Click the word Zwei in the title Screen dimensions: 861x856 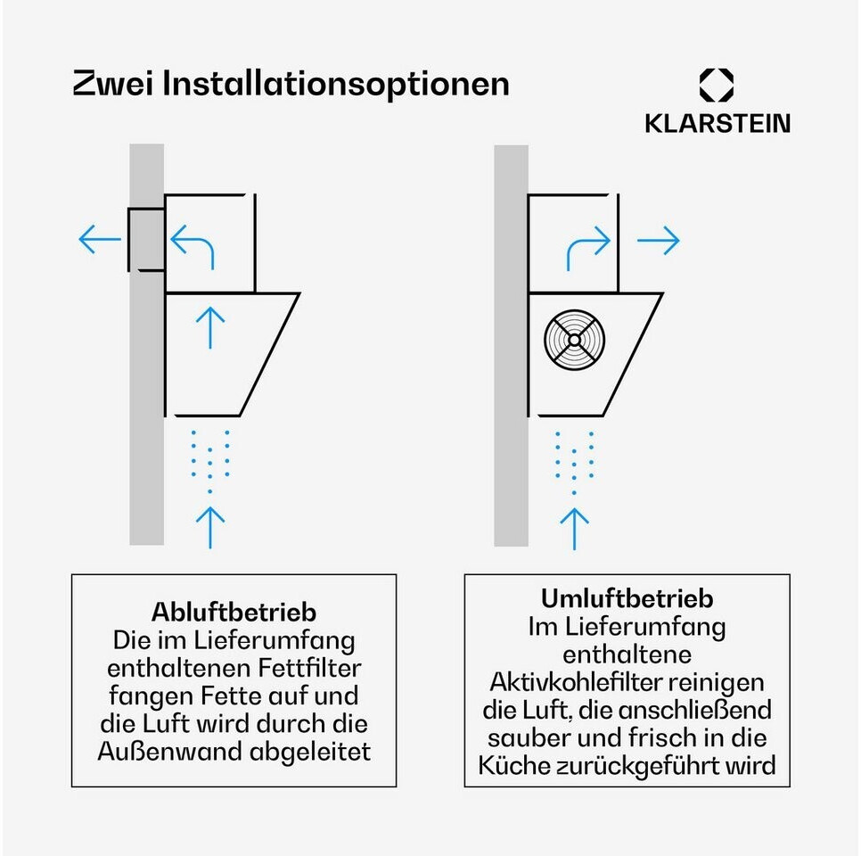[x=113, y=84]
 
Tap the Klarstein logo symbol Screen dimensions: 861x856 [x=716, y=86]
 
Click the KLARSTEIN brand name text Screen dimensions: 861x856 [x=717, y=123]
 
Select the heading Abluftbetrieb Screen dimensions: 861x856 [x=234, y=612]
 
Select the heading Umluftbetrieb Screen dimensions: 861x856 [x=627, y=597]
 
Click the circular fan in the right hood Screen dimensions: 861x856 [x=574, y=340]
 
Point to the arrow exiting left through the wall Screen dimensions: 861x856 [x=100, y=239]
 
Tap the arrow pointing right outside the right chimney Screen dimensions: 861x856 [x=659, y=240]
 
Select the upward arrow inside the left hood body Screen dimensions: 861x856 [x=210, y=327]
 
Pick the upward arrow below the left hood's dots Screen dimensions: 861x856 [x=210, y=528]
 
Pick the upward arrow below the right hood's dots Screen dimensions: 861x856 [x=574, y=529]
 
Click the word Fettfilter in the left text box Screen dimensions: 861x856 [x=309, y=668]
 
